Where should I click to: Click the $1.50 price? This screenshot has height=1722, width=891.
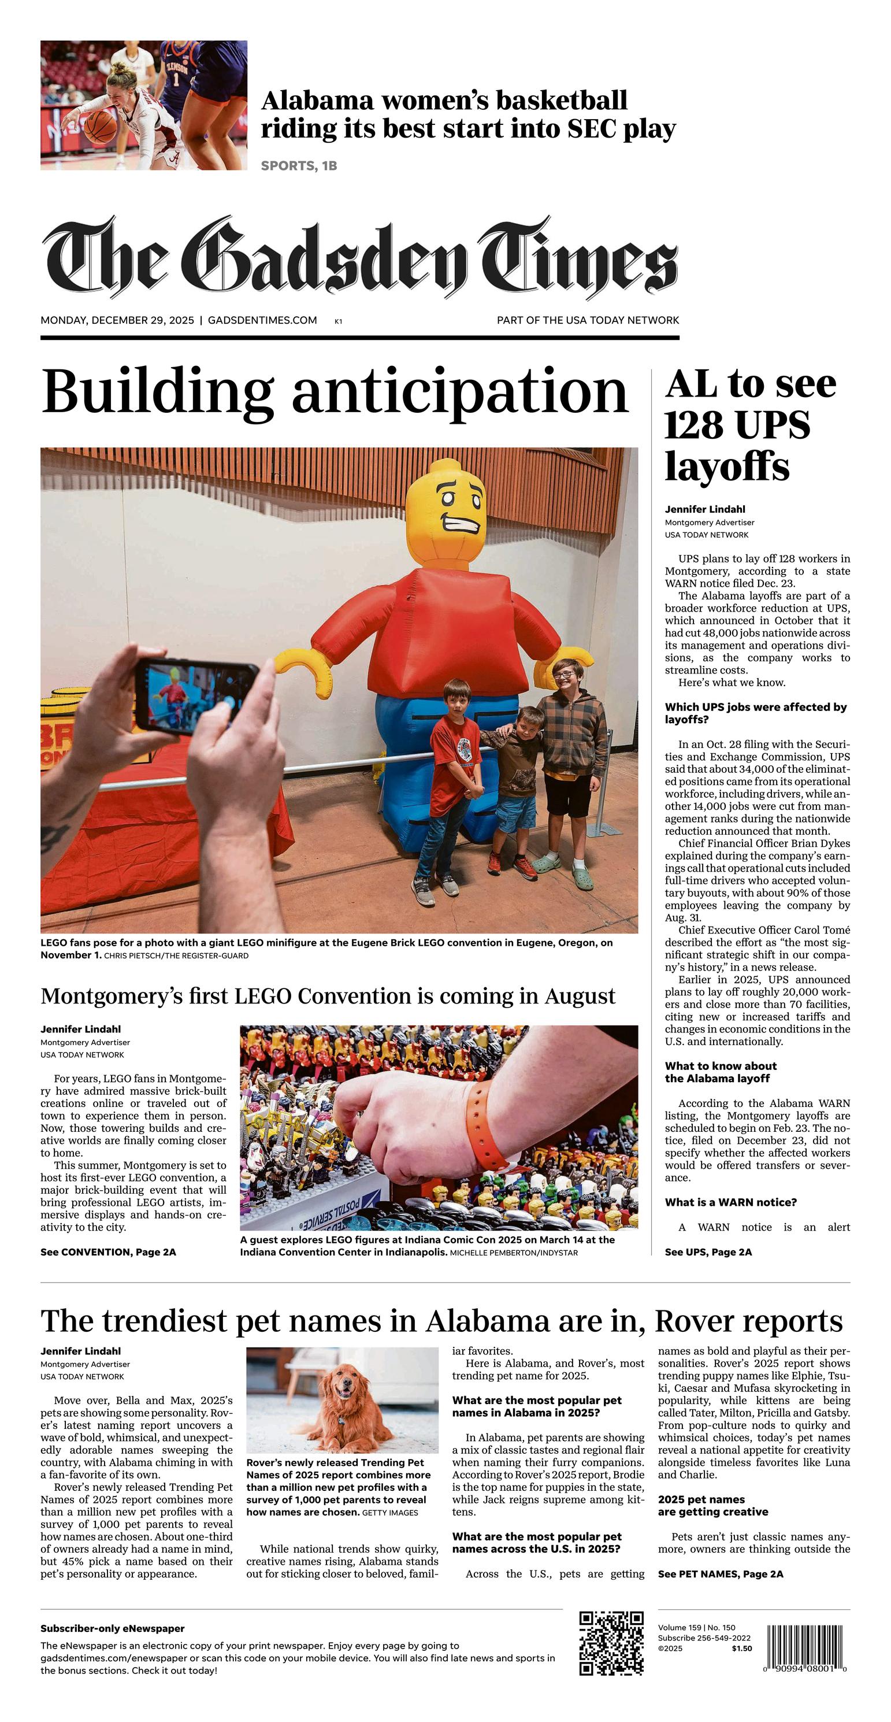click(741, 1649)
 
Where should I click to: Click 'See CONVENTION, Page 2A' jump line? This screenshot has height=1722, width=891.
click(108, 1252)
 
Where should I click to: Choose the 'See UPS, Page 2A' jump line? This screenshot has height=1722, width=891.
click(708, 1252)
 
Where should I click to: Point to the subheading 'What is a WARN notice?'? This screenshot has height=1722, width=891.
click(730, 1202)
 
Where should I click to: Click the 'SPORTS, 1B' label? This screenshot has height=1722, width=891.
click(299, 166)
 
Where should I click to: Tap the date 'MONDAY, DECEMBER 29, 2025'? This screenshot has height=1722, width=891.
click(117, 320)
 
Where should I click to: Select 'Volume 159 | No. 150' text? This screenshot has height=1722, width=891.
click(696, 1627)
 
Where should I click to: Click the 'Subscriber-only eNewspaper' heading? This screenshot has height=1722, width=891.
click(112, 1628)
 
